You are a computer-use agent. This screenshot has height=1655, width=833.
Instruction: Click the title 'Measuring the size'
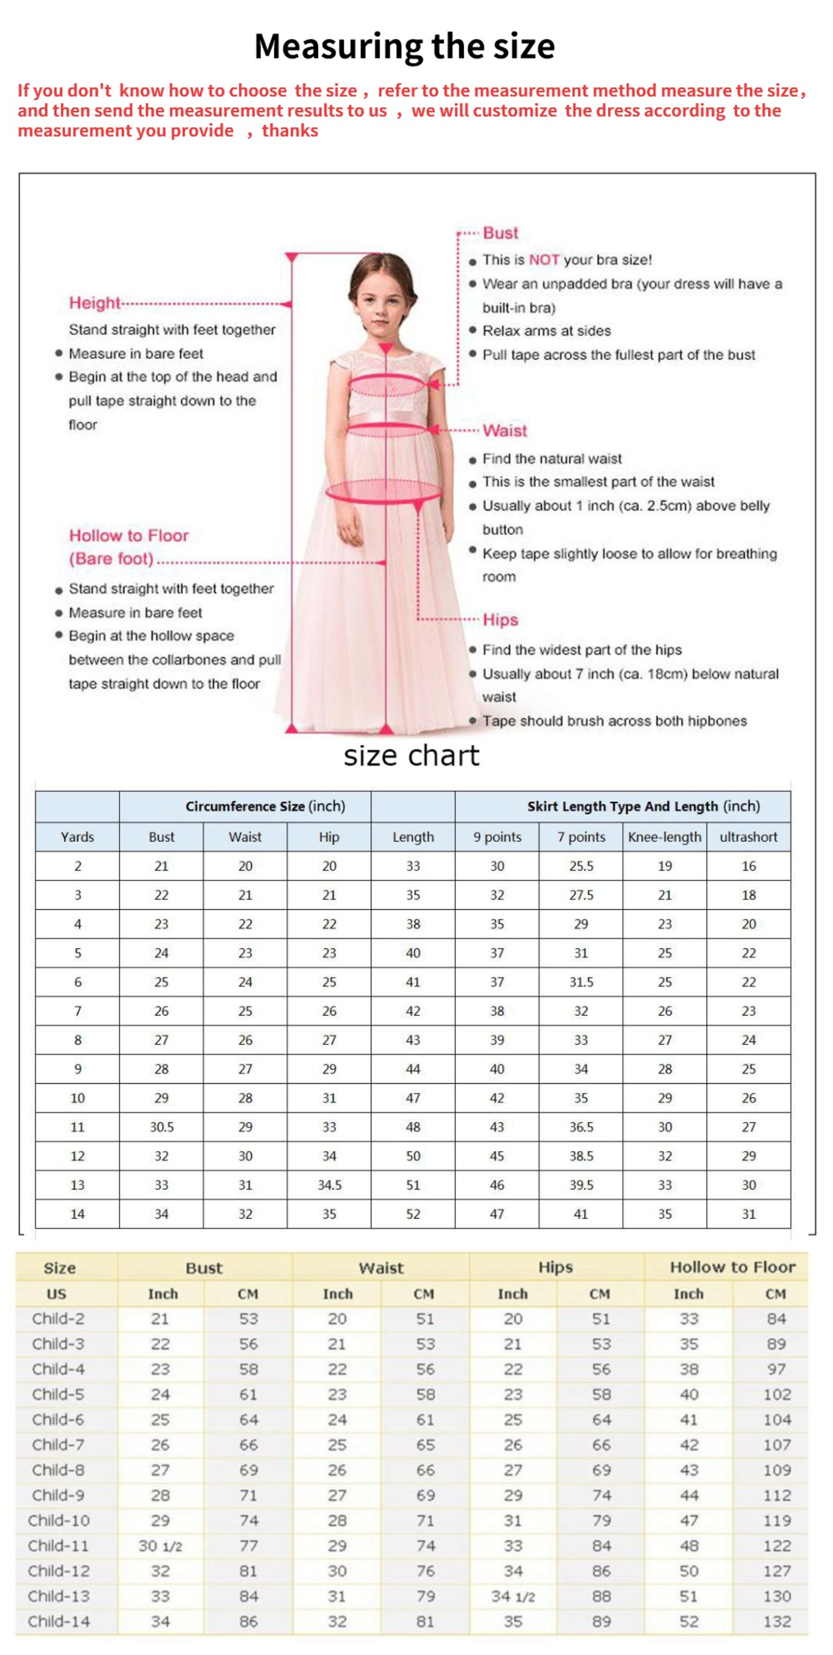[404, 47]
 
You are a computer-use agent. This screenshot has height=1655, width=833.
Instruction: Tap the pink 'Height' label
[95, 303]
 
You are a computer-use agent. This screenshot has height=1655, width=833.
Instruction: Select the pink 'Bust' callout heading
[500, 233]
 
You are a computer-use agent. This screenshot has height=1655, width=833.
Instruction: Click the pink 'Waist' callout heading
[505, 430]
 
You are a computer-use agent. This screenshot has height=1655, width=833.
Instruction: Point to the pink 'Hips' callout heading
[500, 620]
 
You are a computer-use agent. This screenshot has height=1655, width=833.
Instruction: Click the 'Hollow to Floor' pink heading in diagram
[129, 536]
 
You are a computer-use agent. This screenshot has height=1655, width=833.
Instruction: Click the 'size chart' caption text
[411, 756]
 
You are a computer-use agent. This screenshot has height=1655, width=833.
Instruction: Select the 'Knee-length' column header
[664, 837]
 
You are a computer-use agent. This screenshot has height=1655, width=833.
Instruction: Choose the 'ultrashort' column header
[748, 837]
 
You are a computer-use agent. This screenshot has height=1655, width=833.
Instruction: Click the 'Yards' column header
[77, 837]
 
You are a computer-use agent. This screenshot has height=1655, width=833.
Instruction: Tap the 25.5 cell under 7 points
[581, 866]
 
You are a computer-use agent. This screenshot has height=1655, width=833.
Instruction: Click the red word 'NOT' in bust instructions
[544, 260]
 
